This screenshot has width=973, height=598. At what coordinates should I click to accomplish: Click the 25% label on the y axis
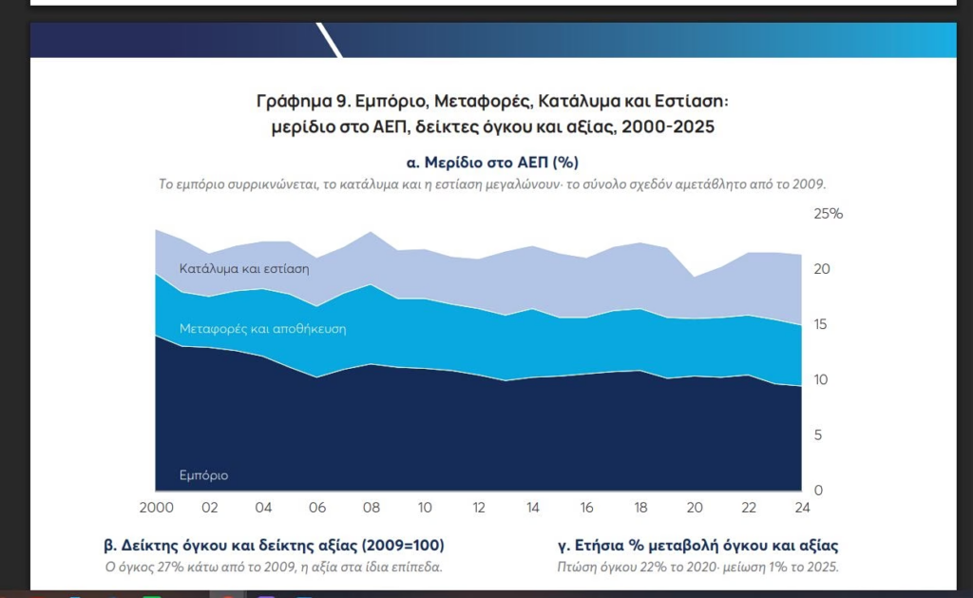pyautogui.click(x=828, y=214)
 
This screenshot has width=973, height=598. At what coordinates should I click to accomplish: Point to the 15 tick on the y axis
pyautogui.click(x=820, y=324)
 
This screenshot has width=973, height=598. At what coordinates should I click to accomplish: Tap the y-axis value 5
pyautogui.click(x=818, y=434)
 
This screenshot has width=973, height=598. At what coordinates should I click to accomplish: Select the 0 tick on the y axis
pyautogui.click(x=818, y=490)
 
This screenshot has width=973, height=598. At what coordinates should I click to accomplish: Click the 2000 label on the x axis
pyautogui.click(x=157, y=508)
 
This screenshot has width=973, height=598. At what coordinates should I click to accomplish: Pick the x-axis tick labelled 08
pyautogui.click(x=372, y=508)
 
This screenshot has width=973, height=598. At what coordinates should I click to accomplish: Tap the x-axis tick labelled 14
pyautogui.click(x=532, y=508)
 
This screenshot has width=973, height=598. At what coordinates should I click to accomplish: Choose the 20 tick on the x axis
pyautogui.click(x=695, y=508)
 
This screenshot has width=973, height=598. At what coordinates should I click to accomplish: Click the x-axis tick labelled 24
pyautogui.click(x=802, y=508)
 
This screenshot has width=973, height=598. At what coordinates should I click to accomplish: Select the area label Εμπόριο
pyautogui.click(x=203, y=475)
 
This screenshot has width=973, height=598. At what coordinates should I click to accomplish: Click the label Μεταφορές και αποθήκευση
pyautogui.click(x=262, y=329)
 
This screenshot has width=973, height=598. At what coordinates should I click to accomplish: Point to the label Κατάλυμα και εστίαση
pyautogui.click(x=244, y=269)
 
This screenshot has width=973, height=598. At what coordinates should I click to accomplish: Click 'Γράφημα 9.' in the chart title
pyautogui.click(x=302, y=101)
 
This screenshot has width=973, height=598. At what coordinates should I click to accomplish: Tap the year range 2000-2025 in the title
pyautogui.click(x=668, y=126)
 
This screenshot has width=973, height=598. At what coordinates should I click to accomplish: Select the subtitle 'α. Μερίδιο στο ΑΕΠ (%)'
pyautogui.click(x=492, y=163)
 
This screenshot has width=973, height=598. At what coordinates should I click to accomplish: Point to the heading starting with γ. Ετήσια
pyautogui.click(x=698, y=546)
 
